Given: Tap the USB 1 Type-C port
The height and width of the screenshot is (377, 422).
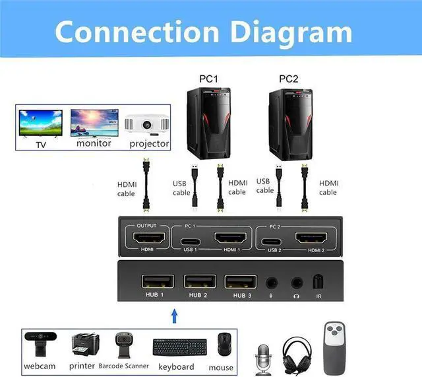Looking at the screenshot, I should pyautogui.click(x=191, y=240).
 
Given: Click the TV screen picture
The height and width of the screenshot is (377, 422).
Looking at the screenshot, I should pyautogui.click(x=41, y=123).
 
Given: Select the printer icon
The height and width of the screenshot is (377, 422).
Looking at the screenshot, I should pyautogui.click(x=84, y=344).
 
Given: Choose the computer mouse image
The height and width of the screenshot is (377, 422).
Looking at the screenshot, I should pyautogui.click(x=224, y=344).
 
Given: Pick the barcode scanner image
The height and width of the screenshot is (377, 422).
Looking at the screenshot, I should pyautogui.click(x=123, y=343).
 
